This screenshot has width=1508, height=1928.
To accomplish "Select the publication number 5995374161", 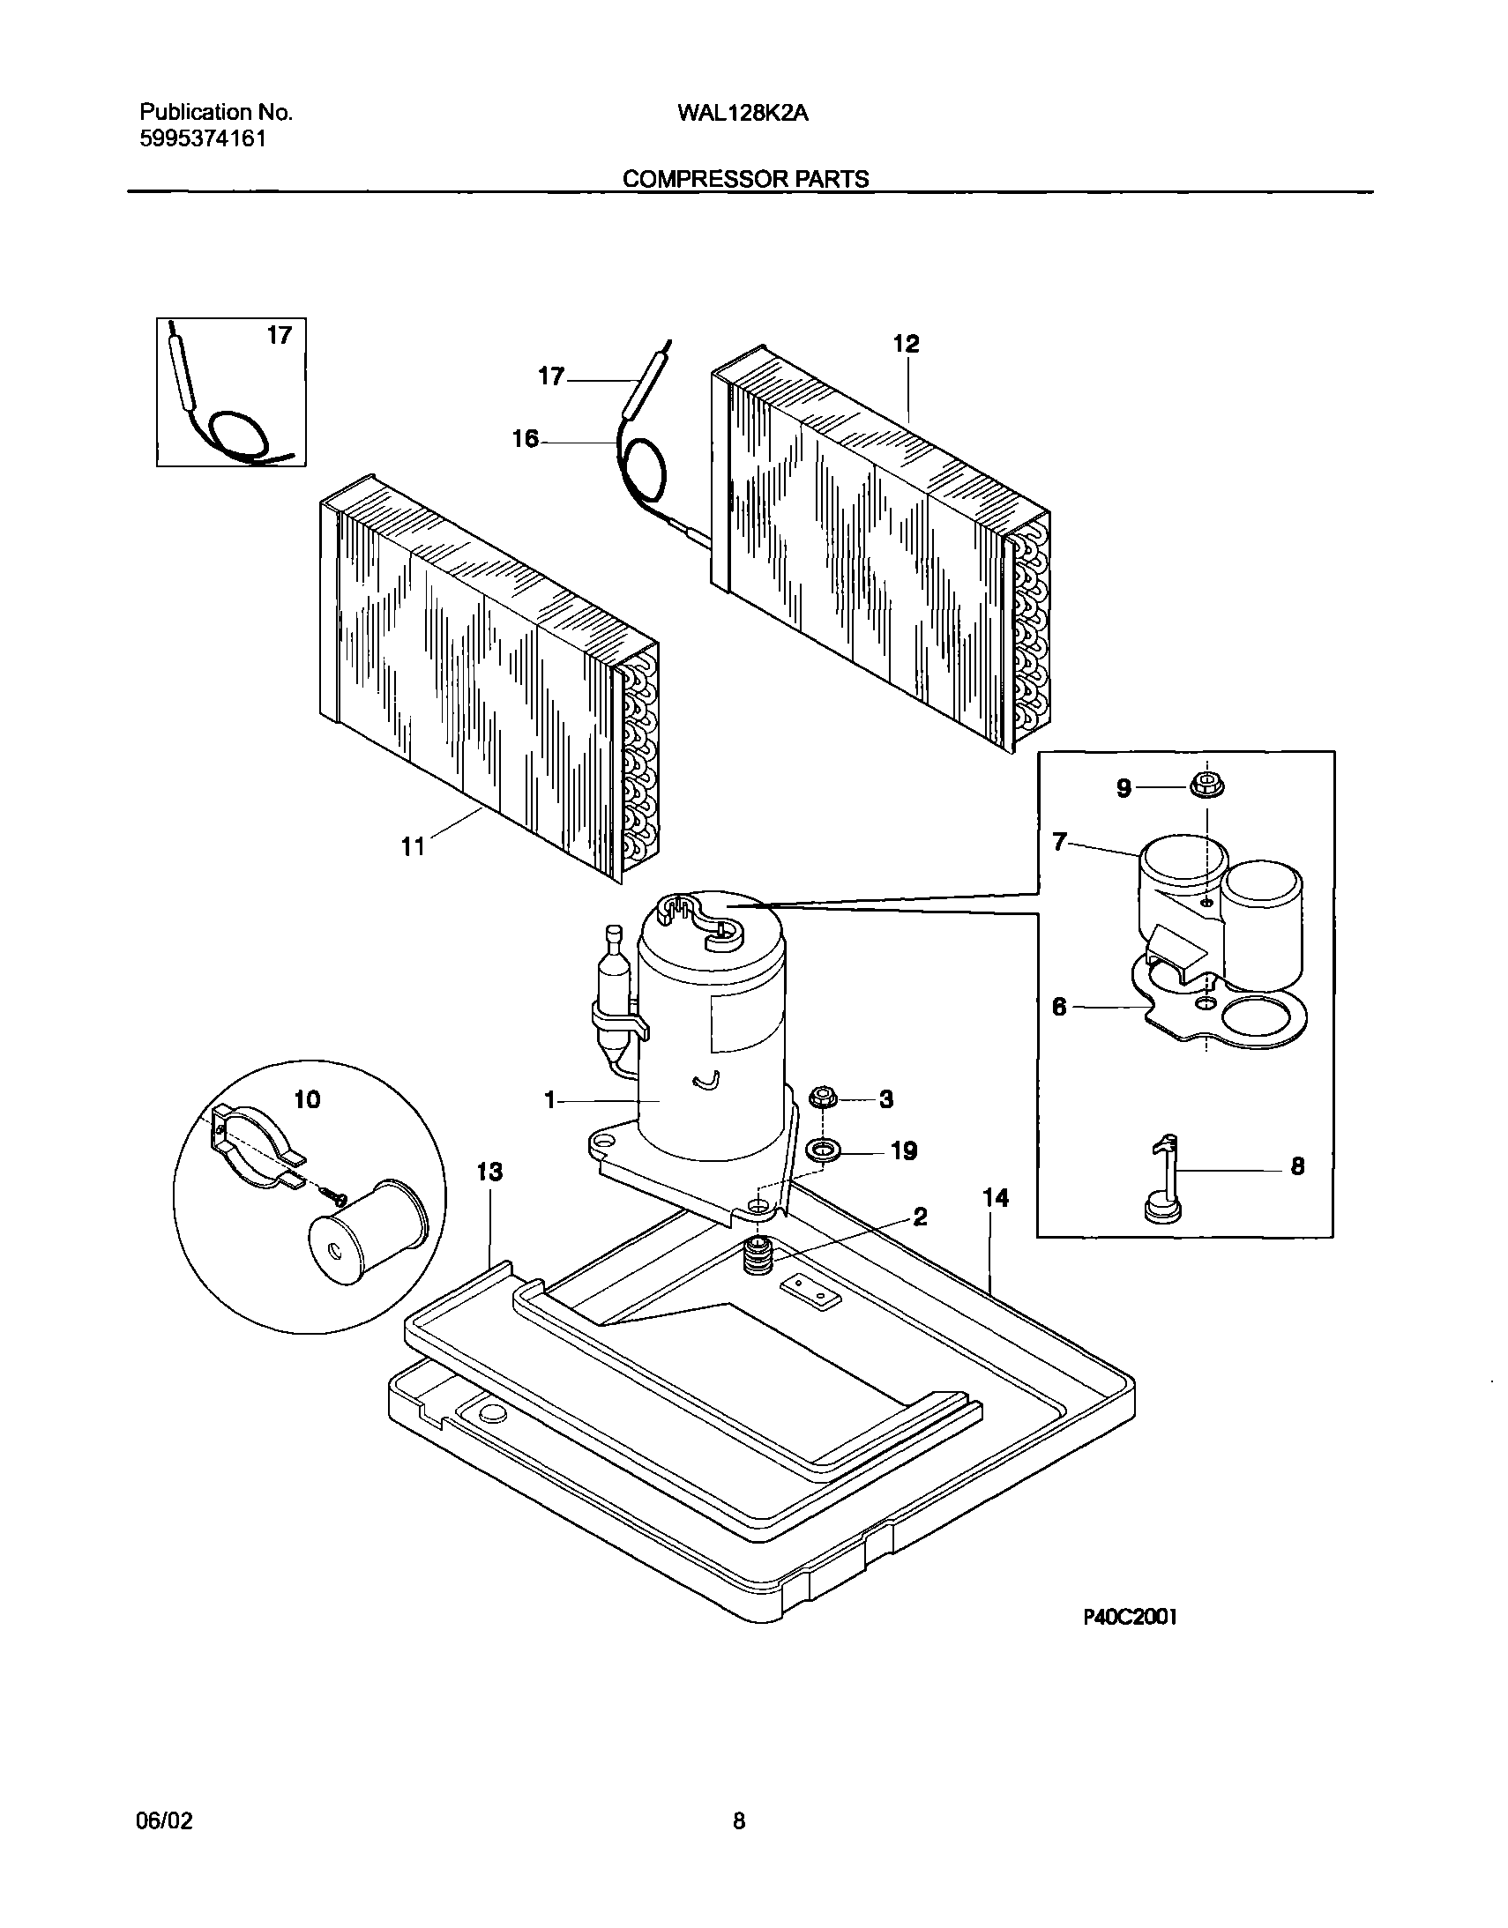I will point(203,138).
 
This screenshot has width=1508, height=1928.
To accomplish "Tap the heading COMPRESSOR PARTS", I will point(745,179).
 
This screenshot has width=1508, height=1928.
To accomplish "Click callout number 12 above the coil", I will point(906,345).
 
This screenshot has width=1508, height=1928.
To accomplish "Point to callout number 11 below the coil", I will point(414,847).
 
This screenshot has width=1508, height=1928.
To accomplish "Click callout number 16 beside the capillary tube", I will point(526,439).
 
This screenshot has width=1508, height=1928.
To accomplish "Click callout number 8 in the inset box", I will point(1297,1166).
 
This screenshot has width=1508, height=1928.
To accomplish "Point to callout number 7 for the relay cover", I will point(1060,843).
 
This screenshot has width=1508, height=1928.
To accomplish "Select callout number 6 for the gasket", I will point(1059,1007).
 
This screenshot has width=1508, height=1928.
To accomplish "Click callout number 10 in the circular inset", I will point(307,1100).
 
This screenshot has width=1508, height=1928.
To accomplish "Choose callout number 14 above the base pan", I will point(995,1198).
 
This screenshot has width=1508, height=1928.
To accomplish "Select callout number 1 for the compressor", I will point(549,1101).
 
